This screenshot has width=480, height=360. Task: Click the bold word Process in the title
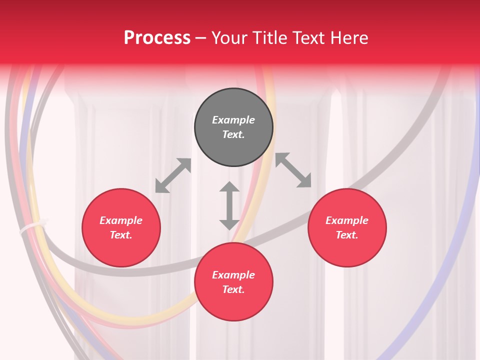click(x=157, y=38)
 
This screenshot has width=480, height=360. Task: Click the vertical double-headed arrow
click(x=229, y=205)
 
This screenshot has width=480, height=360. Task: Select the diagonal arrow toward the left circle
click(x=173, y=175)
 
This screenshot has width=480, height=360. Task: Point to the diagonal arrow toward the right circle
click(x=293, y=170)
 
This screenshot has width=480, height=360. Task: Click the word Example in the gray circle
click(x=233, y=120)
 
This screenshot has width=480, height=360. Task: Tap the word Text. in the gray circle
click(x=233, y=134)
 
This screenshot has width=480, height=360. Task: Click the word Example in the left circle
click(x=121, y=220)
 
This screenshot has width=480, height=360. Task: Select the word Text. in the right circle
click(x=347, y=235)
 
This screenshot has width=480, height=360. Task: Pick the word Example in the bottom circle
click(x=233, y=275)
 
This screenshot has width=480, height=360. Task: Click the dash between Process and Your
click(x=201, y=38)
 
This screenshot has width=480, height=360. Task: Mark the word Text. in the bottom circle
click(x=233, y=289)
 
